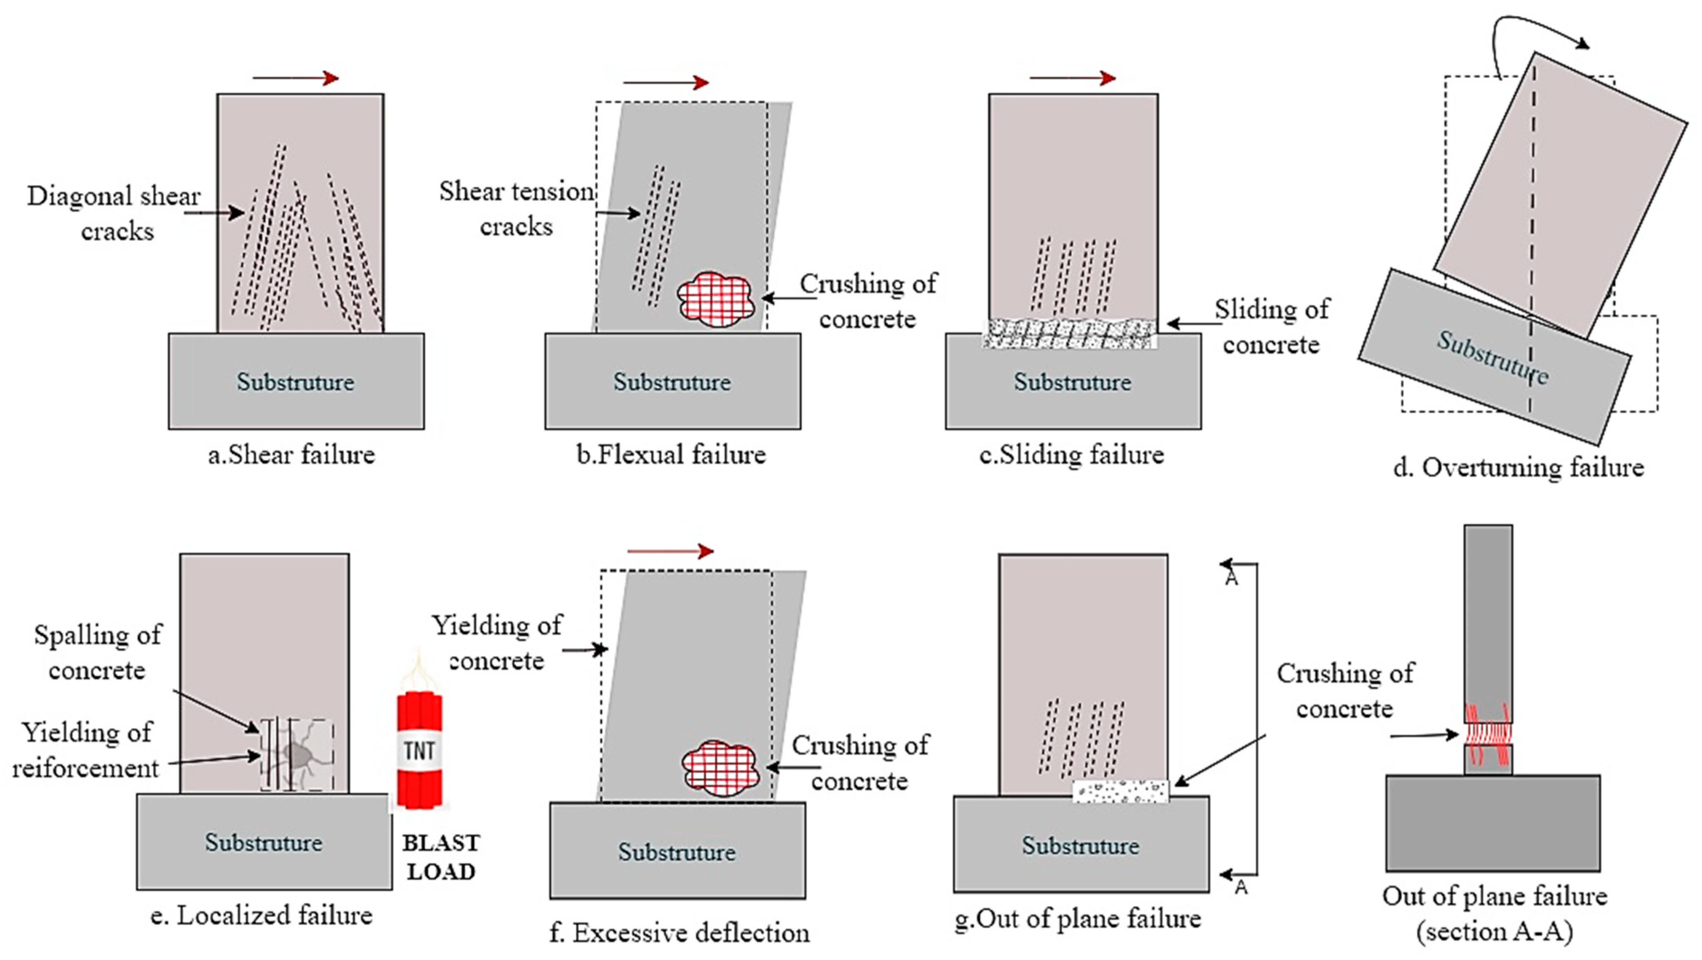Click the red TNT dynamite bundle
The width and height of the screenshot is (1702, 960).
click(419, 750)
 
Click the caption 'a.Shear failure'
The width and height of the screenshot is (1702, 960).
click(291, 455)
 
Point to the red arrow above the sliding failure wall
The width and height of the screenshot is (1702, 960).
click(1072, 78)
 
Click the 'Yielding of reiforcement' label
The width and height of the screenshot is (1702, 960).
click(86, 750)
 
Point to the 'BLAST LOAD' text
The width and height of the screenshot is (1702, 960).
click(441, 857)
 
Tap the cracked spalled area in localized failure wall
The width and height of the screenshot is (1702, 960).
click(297, 755)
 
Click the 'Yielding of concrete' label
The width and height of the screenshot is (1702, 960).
click(497, 642)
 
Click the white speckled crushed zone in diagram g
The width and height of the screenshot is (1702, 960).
click(1120, 792)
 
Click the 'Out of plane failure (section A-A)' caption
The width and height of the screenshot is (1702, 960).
click(1495, 913)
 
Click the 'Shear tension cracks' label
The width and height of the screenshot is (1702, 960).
click(517, 208)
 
